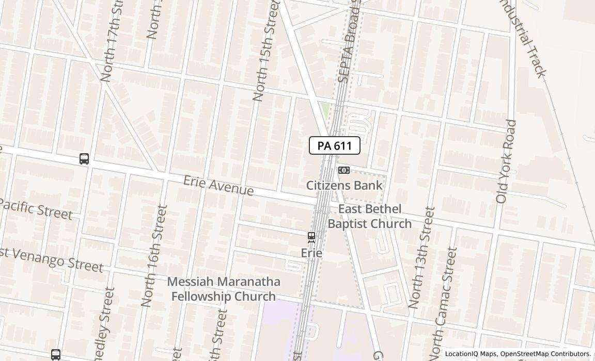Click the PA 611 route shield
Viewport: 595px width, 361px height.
click(334, 146)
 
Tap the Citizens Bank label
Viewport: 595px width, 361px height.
click(345, 185)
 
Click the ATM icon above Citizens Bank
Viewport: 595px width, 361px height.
click(343, 170)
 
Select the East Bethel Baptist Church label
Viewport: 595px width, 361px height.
click(370, 216)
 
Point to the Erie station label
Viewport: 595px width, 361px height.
click(311, 253)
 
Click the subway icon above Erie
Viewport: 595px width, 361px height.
click(311, 237)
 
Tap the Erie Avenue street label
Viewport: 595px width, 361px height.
click(218, 186)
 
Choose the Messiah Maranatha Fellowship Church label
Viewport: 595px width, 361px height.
click(224, 289)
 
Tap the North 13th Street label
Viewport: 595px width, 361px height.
click(421, 257)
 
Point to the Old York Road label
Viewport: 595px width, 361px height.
click(506, 161)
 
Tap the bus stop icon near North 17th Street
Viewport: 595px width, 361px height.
click(84, 159)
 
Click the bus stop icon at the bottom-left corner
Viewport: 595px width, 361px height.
click(56, 355)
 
